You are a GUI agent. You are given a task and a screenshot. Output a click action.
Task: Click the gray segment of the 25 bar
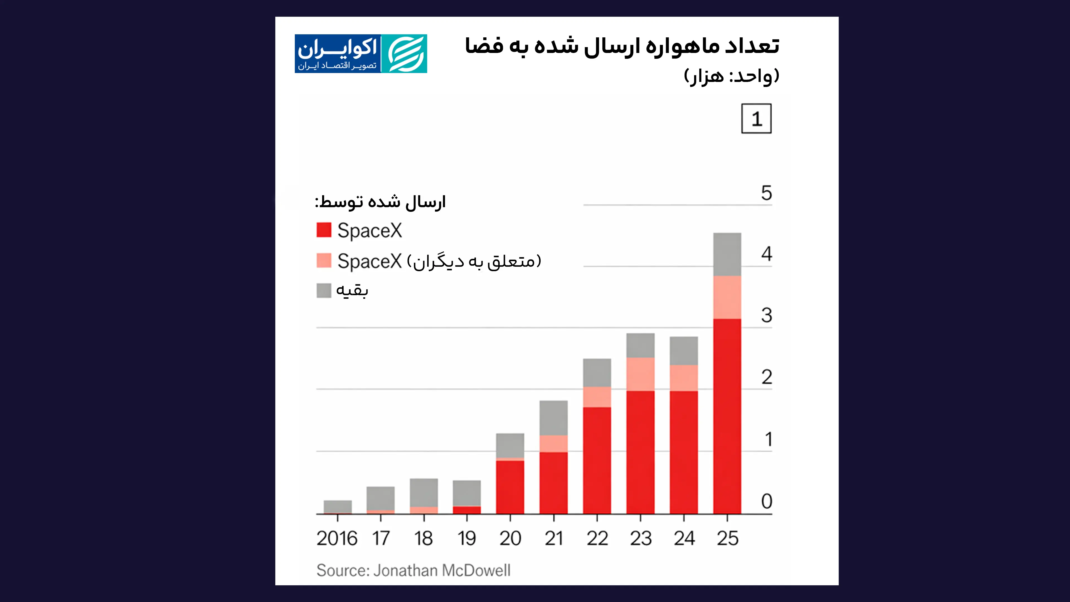727,254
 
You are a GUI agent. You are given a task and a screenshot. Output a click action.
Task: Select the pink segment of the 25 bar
727,297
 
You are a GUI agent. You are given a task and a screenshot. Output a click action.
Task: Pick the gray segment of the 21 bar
553,417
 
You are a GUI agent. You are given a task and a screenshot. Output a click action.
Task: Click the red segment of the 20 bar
510,487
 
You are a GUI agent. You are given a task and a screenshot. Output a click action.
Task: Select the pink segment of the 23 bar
640,374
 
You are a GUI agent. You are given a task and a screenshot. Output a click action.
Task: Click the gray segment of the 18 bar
424,492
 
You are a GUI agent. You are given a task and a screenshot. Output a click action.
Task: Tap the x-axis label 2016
337,538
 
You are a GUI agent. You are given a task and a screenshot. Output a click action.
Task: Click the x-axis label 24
684,538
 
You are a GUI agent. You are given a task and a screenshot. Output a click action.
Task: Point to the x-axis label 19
466,538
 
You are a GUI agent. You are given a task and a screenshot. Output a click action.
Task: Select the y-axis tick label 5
766,193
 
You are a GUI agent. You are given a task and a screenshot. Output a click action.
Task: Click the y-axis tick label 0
766,501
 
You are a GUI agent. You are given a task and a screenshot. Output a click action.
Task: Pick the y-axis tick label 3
766,315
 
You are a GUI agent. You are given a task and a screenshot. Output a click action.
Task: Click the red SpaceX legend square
324,230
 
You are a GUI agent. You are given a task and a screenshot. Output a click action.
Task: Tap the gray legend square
324,290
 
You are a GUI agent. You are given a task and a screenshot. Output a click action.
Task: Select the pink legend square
324,261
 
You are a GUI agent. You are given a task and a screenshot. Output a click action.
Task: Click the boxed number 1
756,119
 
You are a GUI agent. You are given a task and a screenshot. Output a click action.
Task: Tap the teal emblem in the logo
404,54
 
